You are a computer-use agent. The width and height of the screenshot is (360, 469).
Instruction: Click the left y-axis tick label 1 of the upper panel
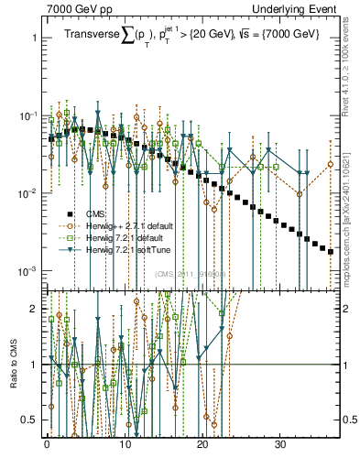(x=34, y=38)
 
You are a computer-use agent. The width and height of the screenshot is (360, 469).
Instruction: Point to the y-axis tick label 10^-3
(x=28, y=271)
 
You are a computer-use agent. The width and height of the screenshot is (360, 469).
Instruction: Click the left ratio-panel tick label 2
(x=34, y=309)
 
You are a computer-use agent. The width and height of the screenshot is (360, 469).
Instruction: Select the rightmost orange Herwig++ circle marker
(x=331, y=164)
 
